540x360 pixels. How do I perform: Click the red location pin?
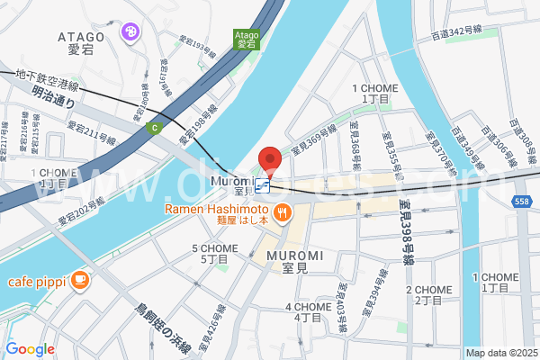point(270,160)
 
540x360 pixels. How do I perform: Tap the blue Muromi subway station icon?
point(262,186)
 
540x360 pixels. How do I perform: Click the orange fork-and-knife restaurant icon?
point(283,212)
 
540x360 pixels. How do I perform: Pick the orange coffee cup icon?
point(79,280)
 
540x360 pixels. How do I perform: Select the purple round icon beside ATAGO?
point(131,33)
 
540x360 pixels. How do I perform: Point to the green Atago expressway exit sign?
point(247,38)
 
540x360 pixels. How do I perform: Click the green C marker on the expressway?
point(155,128)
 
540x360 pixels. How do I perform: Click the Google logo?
point(30,349)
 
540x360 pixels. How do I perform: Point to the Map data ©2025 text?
point(499,352)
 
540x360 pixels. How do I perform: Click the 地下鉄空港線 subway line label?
point(48,79)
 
